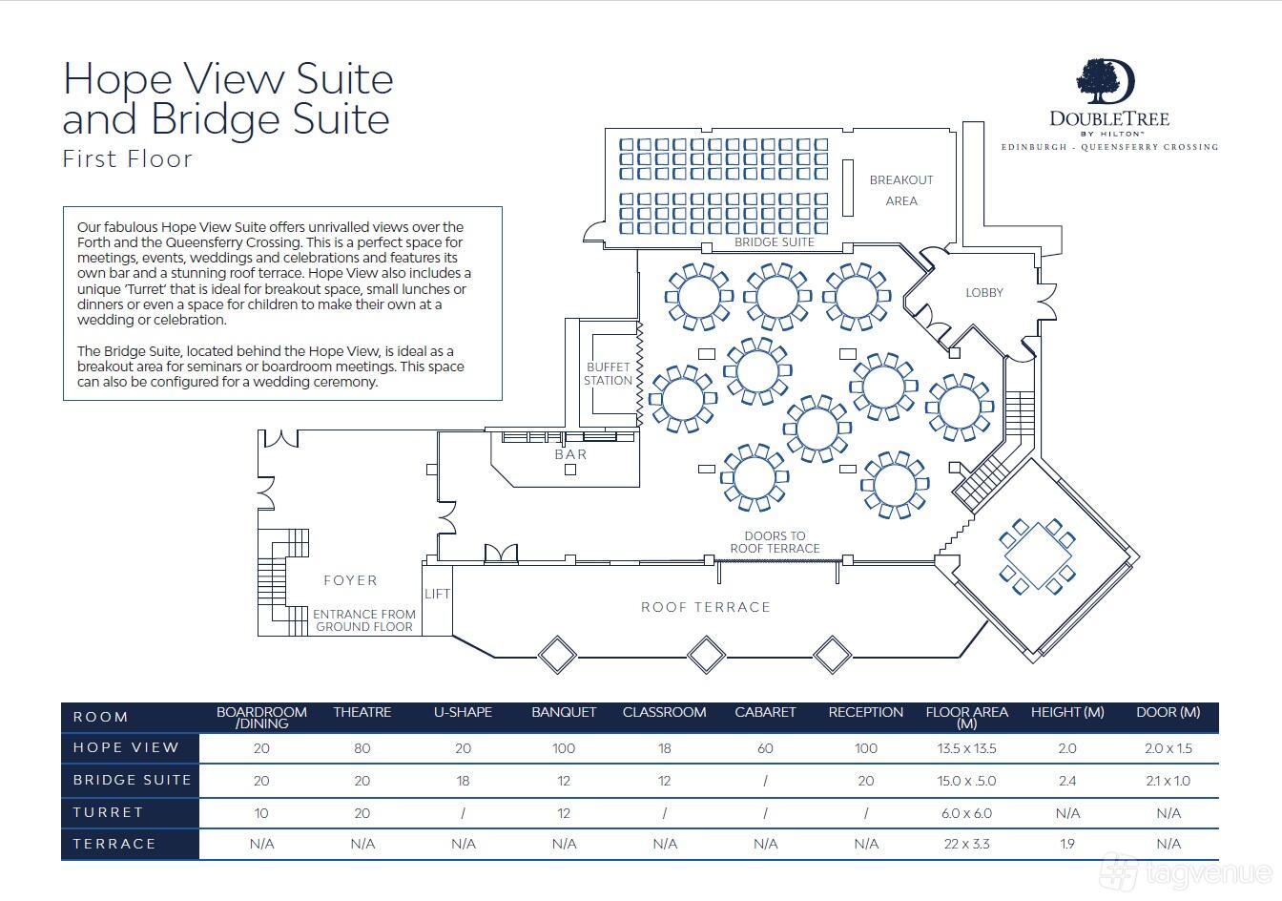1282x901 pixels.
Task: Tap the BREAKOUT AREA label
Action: pos(901,190)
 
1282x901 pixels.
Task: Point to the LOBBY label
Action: pos(984,293)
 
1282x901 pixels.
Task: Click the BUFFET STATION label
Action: pos(608,373)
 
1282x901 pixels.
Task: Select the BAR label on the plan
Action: pos(570,454)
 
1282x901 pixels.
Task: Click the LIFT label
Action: pos(437,594)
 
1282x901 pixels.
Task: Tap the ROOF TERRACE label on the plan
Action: pos(706,607)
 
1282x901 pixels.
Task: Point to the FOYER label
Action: pos(350,580)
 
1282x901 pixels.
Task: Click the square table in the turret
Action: pos(1038,555)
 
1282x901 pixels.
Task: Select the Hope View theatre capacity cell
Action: pos(362,748)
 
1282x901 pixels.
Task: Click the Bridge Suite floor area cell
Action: pos(966,781)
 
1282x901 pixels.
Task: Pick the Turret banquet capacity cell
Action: pos(564,813)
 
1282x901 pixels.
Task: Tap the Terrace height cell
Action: pos(1067,844)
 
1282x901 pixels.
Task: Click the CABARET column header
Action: pos(765,712)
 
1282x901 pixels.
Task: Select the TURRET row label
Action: pos(108,812)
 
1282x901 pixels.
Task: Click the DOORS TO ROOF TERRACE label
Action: pos(775,542)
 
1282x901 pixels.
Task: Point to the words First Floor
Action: pos(128,159)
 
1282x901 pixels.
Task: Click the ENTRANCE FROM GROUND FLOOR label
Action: pos(364,620)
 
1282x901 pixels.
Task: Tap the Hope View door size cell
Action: pos(1168,748)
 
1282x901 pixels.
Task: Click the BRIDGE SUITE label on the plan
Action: pos(775,241)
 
